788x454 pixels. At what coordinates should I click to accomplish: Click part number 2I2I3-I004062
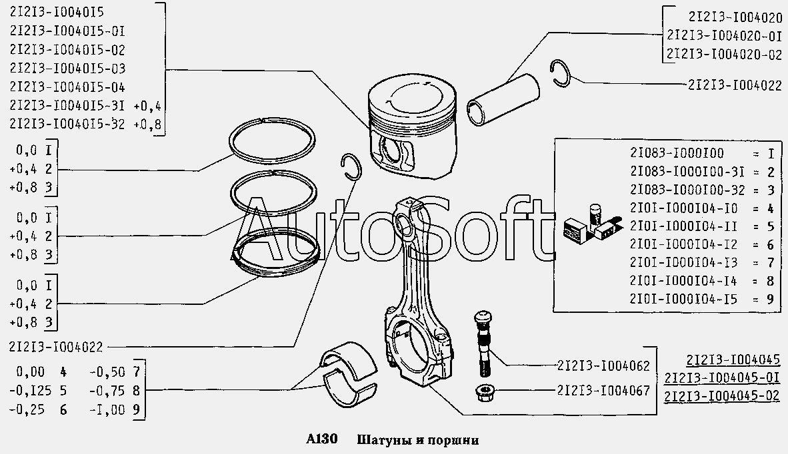tap(603, 365)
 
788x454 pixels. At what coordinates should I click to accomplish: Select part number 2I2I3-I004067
tap(603, 390)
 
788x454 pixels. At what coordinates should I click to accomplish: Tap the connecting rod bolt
tap(482, 343)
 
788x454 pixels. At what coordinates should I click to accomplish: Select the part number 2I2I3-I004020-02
tap(724, 54)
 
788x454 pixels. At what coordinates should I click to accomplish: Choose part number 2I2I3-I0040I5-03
tap(67, 68)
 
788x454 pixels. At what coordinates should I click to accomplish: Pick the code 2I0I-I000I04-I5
tap(683, 300)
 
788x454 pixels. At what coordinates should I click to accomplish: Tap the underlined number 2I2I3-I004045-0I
tap(722, 377)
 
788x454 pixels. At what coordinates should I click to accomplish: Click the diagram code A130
tap(321, 439)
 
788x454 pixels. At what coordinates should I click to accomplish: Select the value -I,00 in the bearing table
tap(107, 410)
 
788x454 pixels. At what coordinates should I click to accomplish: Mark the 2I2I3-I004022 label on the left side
tap(56, 347)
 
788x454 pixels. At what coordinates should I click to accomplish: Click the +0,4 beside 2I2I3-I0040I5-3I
tap(147, 107)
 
